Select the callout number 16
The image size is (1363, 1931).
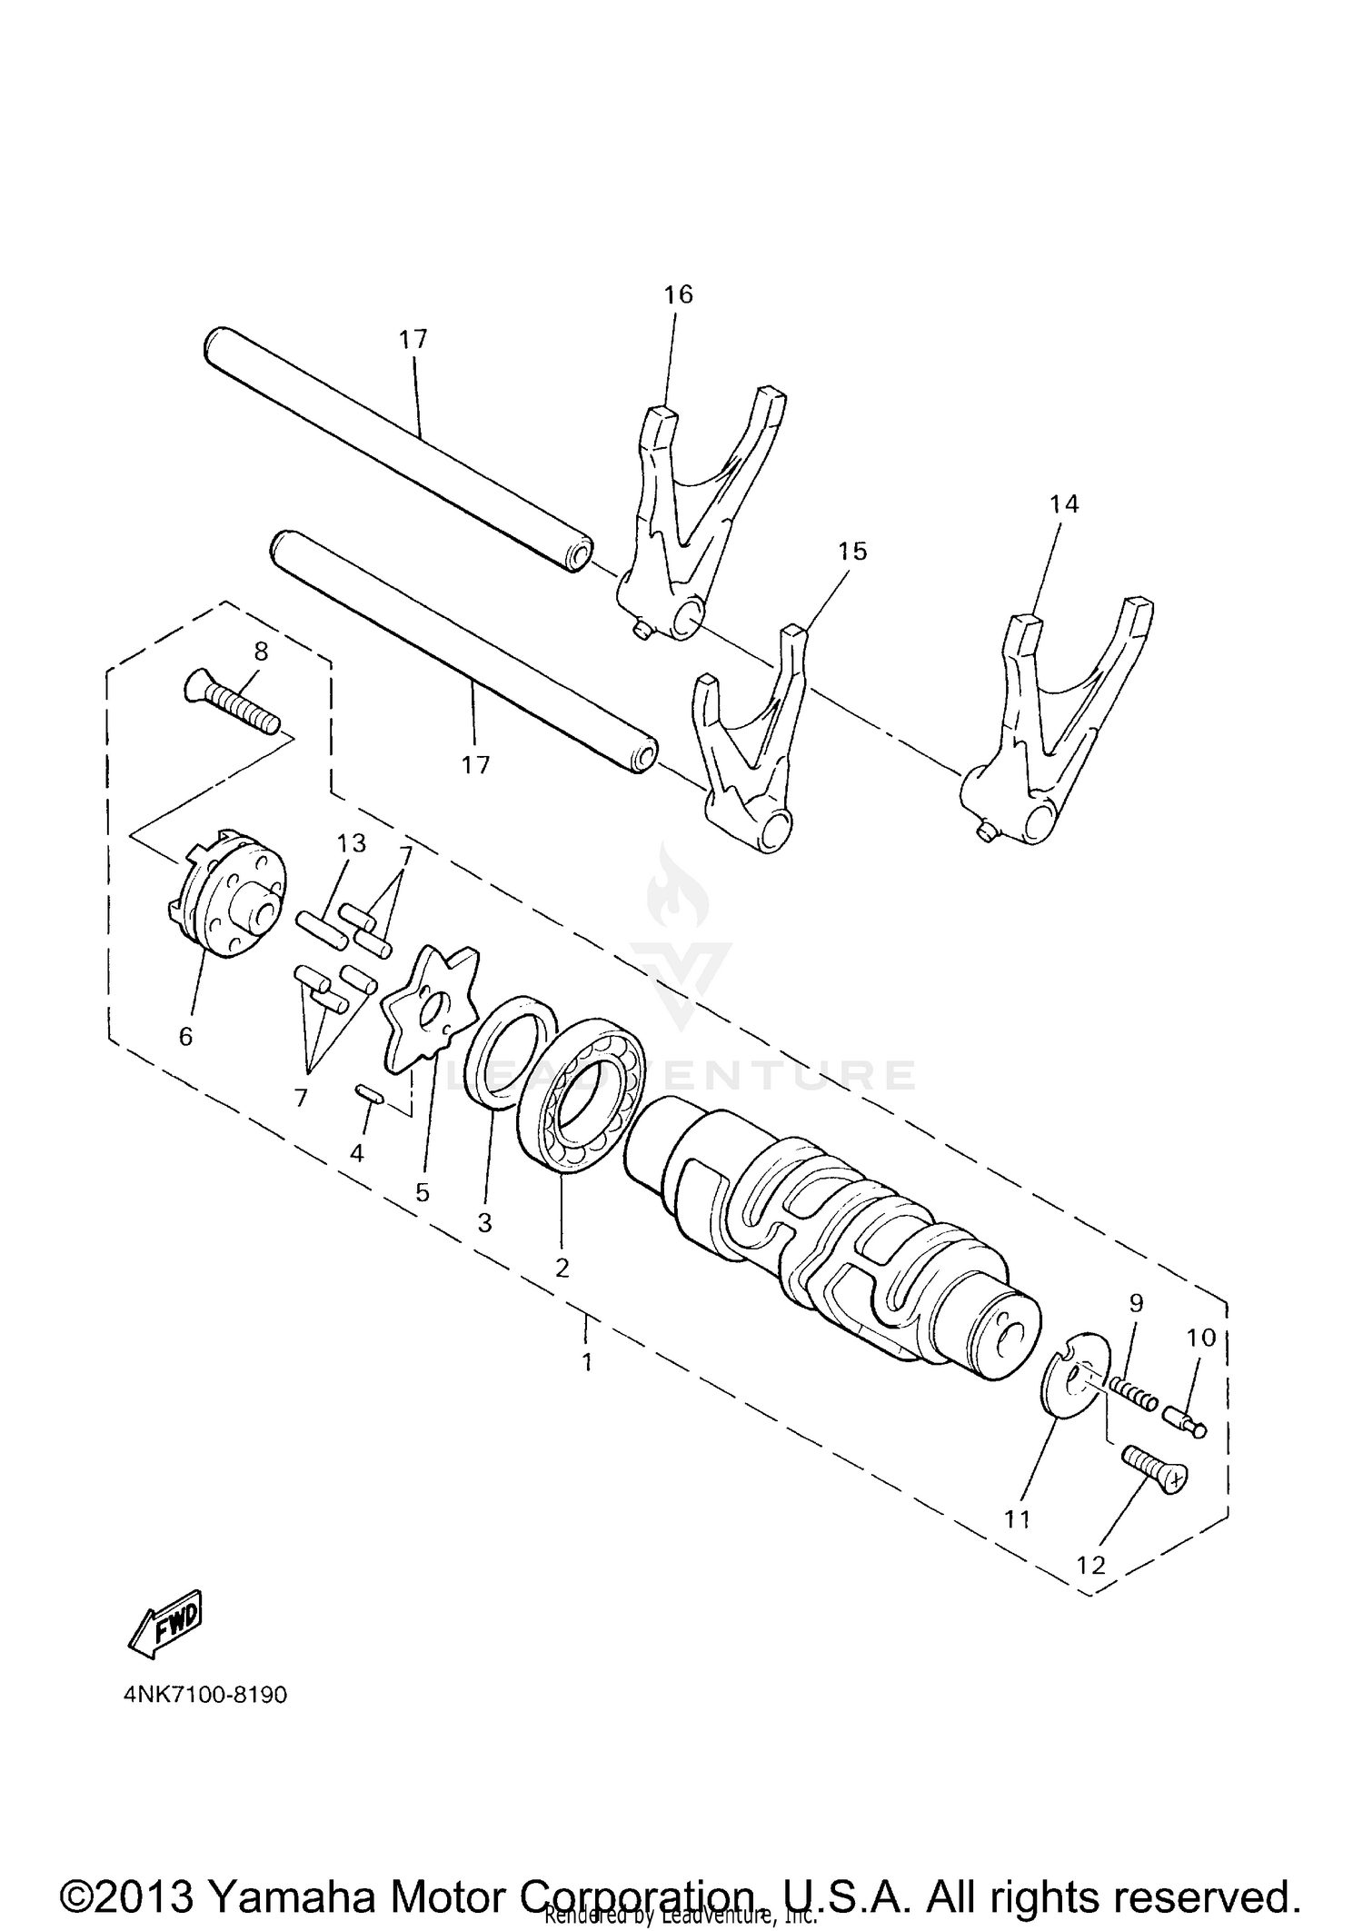point(678,294)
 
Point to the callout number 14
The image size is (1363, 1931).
point(1064,503)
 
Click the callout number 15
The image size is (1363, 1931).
point(852,552)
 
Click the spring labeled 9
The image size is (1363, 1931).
point(1133,1393)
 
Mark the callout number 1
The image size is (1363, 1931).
point(587,1362)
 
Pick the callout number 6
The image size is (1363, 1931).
point(185,1037)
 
